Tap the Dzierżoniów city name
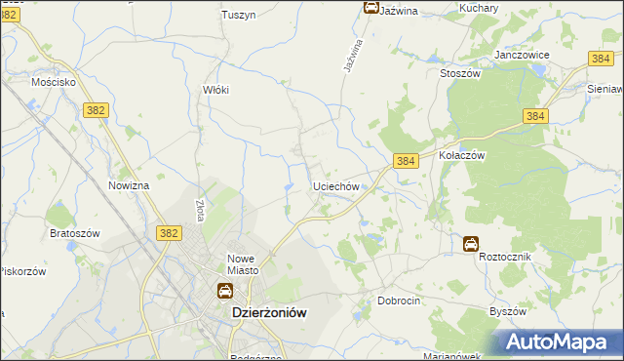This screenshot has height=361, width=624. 269,312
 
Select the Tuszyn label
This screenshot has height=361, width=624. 238,15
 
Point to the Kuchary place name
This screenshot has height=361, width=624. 479,8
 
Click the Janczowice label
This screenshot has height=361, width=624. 523,56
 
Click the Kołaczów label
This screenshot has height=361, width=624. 462,155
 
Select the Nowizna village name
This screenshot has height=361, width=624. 129,185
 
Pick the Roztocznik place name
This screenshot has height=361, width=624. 503,257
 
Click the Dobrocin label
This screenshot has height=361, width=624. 399,301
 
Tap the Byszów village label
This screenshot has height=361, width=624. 507,311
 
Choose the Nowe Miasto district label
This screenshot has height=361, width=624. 241,264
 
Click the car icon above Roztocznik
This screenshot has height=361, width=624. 471,244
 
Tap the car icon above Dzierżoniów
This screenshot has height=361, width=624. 224,291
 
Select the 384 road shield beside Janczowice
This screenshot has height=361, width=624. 601,60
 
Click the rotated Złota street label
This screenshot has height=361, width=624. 199,211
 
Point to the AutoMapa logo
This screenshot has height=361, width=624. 560,341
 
